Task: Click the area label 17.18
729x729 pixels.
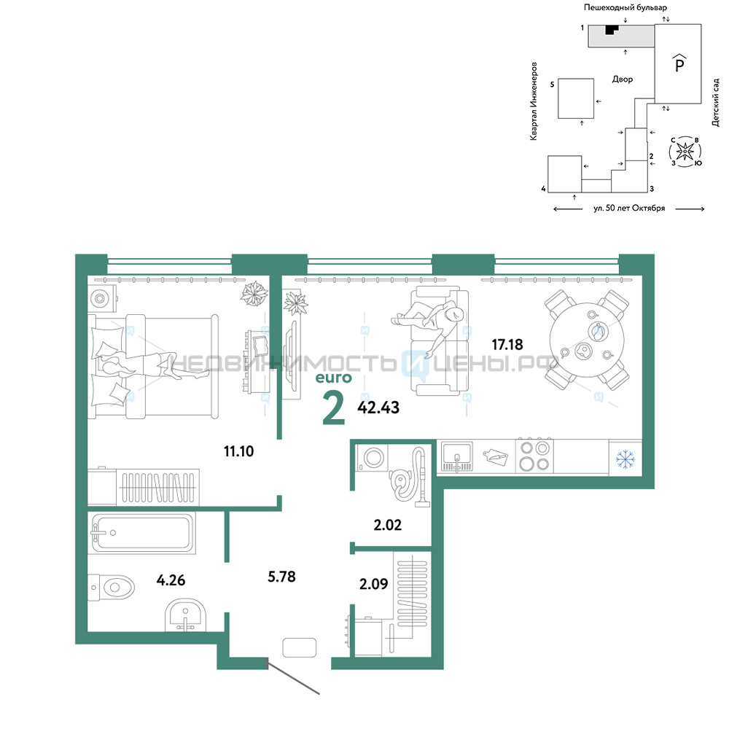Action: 507,345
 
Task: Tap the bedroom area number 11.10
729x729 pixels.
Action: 239,451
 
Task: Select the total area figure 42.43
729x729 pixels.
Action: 378,408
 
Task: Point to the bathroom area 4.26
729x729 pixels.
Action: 171,580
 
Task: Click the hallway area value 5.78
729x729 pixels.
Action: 281,577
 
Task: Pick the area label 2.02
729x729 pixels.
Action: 387,525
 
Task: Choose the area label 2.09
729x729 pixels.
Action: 374,583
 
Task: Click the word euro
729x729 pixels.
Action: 334,378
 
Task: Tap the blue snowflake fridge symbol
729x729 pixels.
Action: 625,459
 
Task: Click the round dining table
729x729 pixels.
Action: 587,340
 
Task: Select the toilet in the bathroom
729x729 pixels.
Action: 112,587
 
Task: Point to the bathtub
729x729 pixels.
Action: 142,533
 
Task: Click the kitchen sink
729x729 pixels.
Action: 456,456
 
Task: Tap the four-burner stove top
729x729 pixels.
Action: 534,456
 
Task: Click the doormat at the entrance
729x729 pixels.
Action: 300,647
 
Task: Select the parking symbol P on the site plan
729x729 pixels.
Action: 679,63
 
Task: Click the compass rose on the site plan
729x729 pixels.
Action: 685,151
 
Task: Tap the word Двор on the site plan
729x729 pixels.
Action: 623,79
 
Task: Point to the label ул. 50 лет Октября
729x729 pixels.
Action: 629,208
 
